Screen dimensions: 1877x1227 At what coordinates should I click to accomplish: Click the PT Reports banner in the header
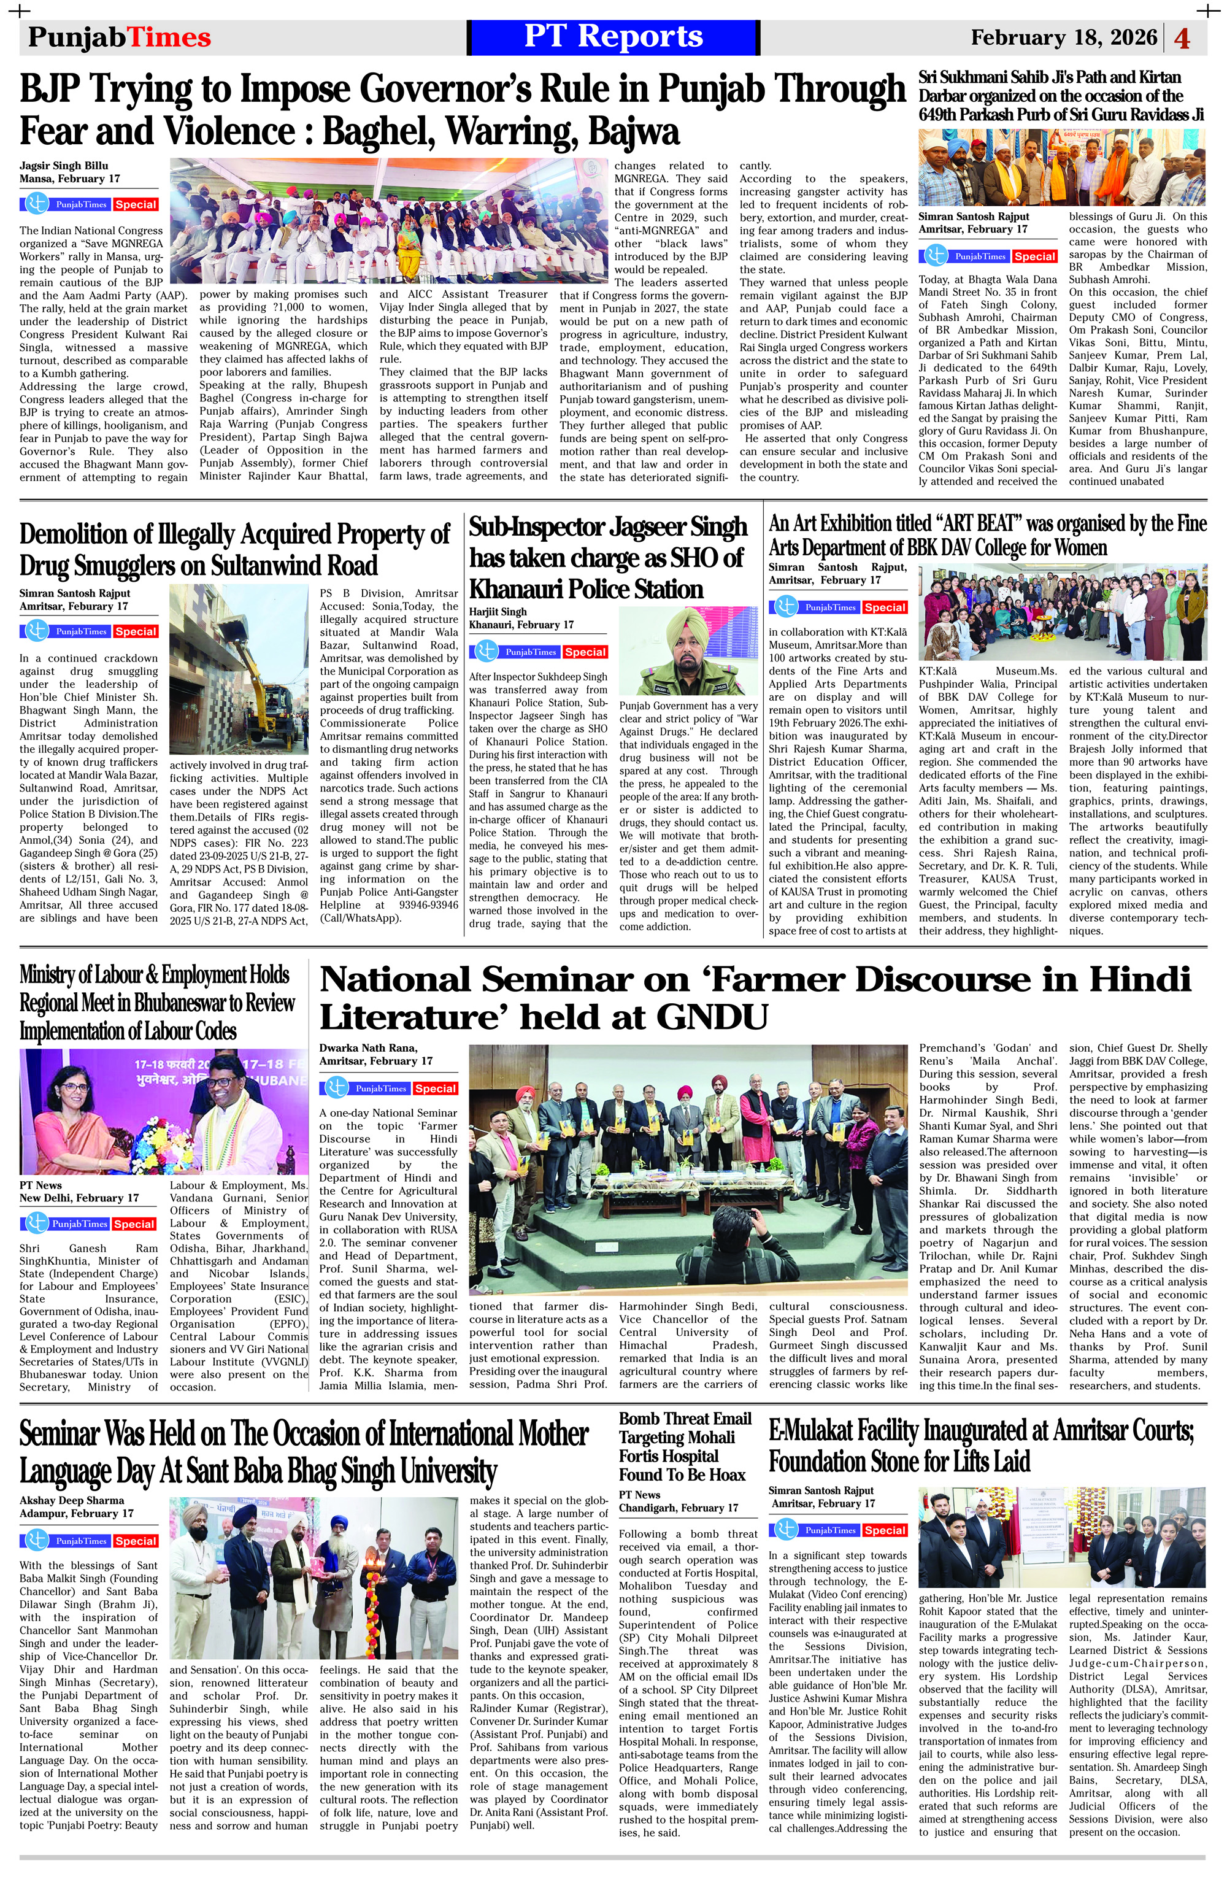(613, 37)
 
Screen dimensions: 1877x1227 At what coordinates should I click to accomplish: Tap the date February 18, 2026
(1064, 38)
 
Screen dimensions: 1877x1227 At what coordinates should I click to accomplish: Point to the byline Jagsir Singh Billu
(64, 166)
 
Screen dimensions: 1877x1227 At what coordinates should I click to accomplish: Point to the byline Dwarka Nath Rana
(371, 1047)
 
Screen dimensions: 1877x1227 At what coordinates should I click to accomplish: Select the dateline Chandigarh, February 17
(678, 1507)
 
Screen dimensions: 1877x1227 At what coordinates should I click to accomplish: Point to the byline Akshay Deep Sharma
(72, 1500)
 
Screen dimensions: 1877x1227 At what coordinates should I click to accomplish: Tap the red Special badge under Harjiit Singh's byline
(585, 652)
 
